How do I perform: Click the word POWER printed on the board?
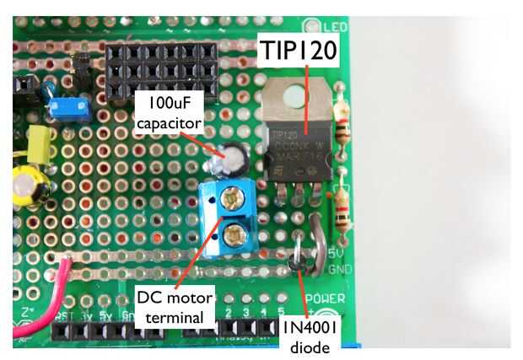coord(325,298)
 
